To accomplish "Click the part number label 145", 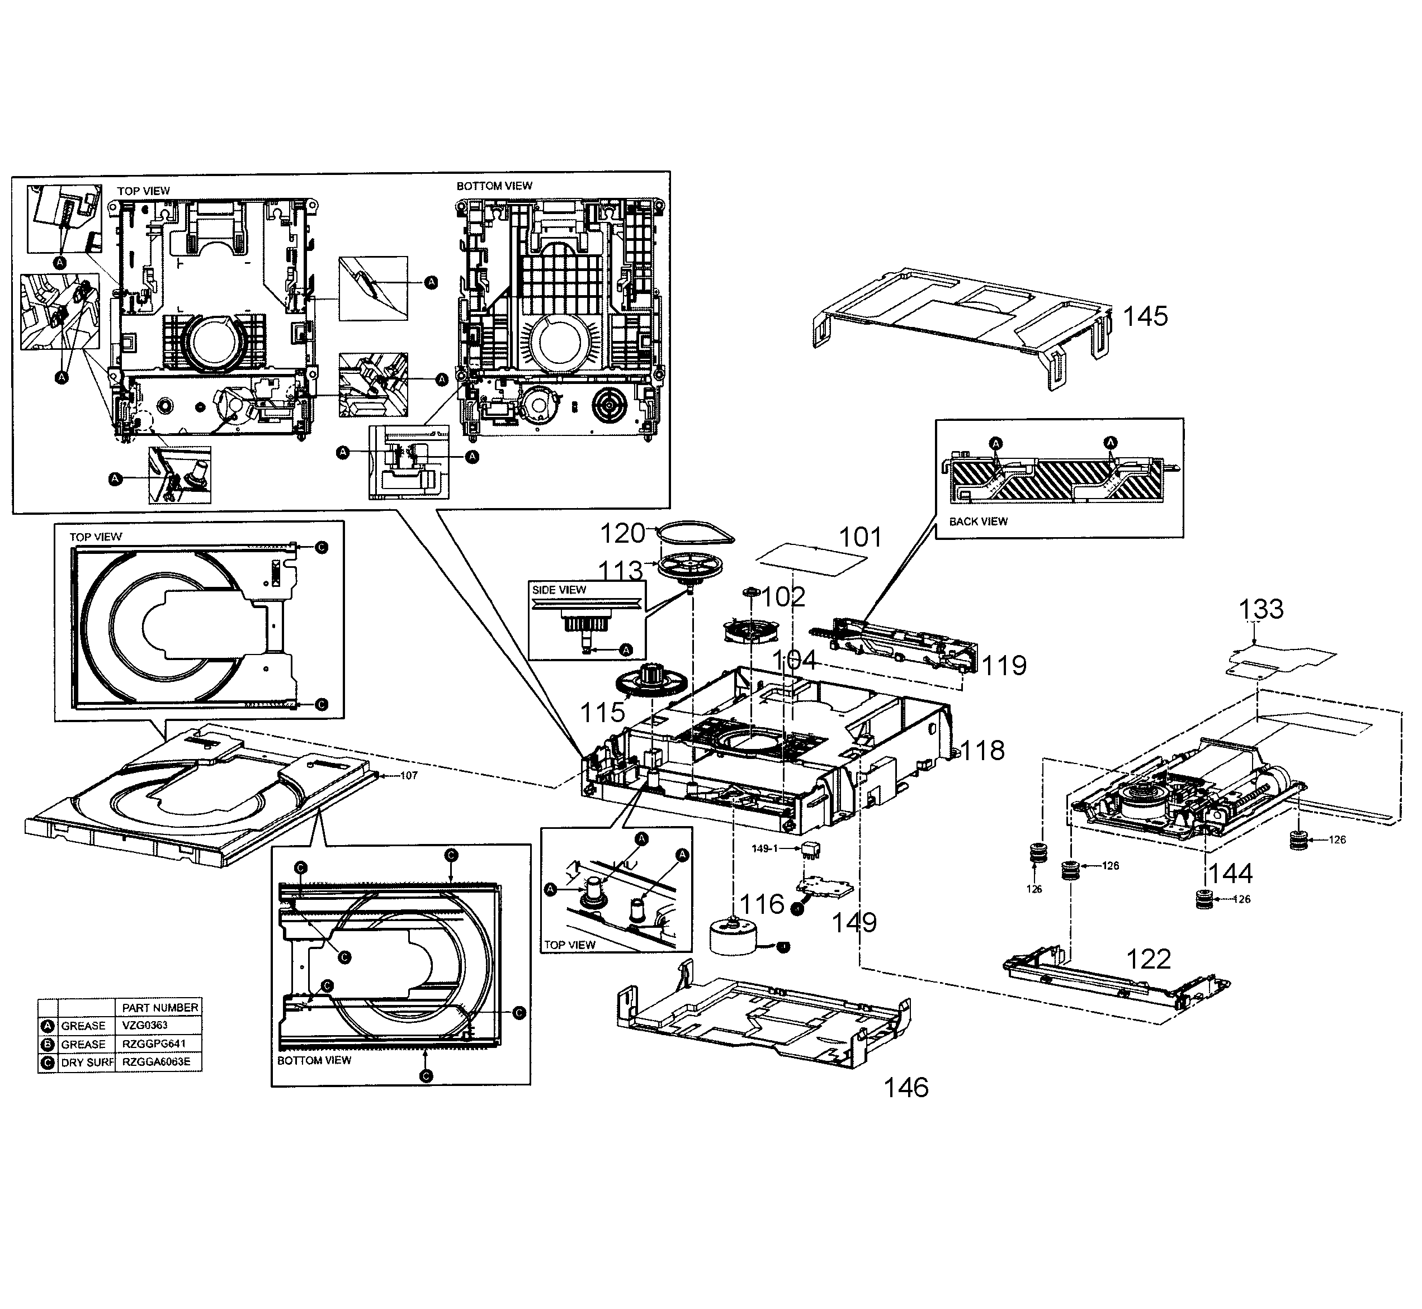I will (x=1145, y=316).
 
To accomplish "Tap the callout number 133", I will (x=1260, y=609).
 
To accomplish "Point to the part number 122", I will (x=1149, y=959).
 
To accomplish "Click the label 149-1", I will (x=765, y=848).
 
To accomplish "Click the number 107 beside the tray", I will (x=409, y=776).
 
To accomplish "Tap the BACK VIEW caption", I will (x=978, y=521).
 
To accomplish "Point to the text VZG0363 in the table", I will (x=144, y=1026).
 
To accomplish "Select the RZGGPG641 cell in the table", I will (x=154, y=1044).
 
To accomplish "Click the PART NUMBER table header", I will (x=160, y=1007).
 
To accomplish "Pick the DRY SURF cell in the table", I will (x=87, y=1063).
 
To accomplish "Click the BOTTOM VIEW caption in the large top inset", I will (x=494, y=186).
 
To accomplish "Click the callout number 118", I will (x=982, y=750).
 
